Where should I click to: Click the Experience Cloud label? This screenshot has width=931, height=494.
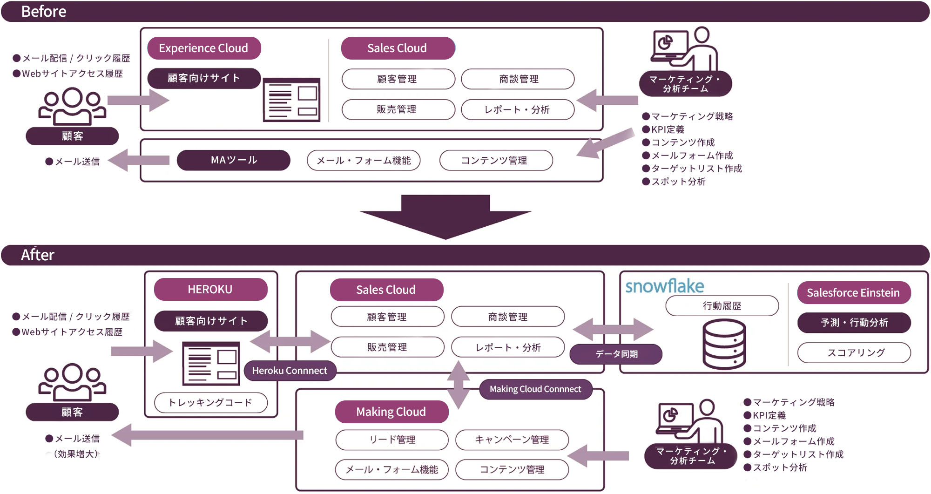tap(204, 48)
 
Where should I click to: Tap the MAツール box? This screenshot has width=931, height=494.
tap(234, 160)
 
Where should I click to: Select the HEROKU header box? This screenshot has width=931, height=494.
tap(210, 290)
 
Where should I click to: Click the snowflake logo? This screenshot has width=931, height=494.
tap(664, 286)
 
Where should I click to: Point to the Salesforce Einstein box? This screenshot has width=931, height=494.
tap(853, 293)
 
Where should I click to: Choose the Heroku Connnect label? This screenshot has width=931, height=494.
tap(290, 371)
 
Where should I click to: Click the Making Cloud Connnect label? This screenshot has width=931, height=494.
tap(535, 389)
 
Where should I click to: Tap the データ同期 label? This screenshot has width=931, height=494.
tap(616, 354)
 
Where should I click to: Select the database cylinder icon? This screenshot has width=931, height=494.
tap(724, 344)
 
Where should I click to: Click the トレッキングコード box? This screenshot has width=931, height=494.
tap(210, 403)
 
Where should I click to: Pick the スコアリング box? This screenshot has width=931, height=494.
tap(854, 353)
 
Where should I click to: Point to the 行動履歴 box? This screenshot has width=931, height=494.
tap(722, 306)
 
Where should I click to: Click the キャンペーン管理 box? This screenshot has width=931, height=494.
tap(512, 440)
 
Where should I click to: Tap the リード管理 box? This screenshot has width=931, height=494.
tap(391, 440)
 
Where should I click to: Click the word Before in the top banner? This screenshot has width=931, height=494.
tap(44, 12)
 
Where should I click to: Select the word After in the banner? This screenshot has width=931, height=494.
tap(38, 255)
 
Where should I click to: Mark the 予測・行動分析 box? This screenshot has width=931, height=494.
tap(854, 323)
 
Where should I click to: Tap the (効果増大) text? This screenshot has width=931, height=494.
tap(76, 454)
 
